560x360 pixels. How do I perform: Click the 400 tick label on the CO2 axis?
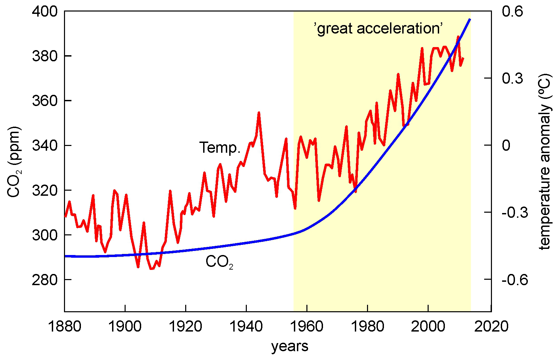[x=45, y=12]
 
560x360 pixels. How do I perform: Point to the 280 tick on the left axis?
[x=45, y=280]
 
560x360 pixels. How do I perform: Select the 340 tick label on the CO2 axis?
[x=45, y=146]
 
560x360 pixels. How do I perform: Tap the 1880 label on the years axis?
[x=64, y=326]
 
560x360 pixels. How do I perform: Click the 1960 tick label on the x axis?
[x=307, y=326]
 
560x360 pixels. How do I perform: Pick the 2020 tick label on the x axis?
[x=491, y=326]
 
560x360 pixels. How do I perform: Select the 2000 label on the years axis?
[x=428, y=326]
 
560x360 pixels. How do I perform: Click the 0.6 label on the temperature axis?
[x=512, y=12]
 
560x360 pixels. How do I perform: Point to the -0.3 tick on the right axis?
[x=515, y=213]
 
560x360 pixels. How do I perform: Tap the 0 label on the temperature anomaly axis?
[x=506, y=146]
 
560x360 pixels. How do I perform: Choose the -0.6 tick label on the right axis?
[x=515, y=280]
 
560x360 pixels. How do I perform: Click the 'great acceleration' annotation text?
[x=379, y=28]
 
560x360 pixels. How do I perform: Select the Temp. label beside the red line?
[x=220, y=148]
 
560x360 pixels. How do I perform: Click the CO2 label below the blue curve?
[x=219, y=262]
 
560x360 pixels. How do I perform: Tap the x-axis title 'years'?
[x=290, y=346]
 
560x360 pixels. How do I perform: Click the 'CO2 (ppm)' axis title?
[x=14, y=162]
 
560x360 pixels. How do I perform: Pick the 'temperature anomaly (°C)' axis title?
[x=545, y=162]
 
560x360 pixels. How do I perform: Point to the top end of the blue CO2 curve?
[x=470, y=19]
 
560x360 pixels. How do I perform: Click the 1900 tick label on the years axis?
[x=125, y=326]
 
